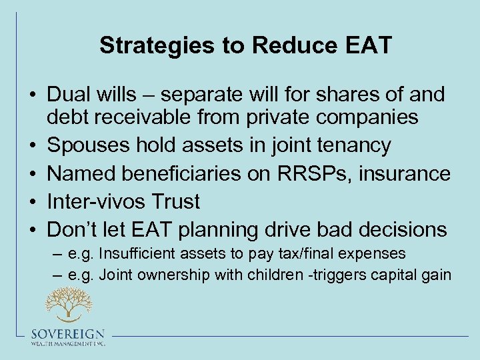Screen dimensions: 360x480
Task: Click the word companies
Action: point(363,118)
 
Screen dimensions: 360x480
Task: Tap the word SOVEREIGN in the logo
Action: point(67,334)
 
